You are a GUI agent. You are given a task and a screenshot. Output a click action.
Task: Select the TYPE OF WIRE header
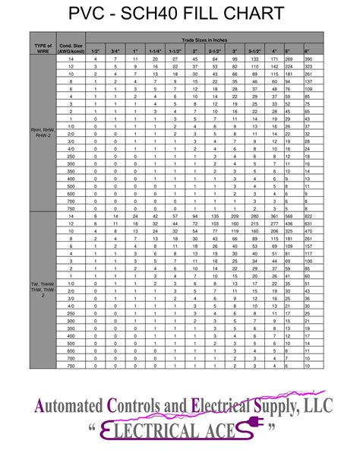coord(43,47)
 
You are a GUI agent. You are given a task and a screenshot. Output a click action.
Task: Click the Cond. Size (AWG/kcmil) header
coord(71,47)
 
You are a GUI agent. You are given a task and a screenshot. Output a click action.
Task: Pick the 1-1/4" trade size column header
coord(155,51)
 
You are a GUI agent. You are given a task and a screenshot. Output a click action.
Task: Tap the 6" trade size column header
coord(308,51)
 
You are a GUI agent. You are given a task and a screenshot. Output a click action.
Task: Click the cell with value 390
coord(308,59)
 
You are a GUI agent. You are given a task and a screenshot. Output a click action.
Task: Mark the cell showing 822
coord(308,217)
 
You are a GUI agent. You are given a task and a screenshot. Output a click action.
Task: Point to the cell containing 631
coord(308,224)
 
